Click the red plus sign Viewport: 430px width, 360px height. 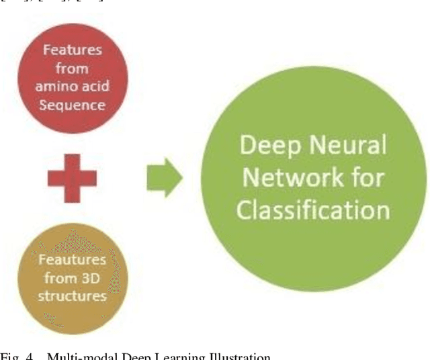(x=72, y=178)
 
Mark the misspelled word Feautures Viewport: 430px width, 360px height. (x=72, y=260)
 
